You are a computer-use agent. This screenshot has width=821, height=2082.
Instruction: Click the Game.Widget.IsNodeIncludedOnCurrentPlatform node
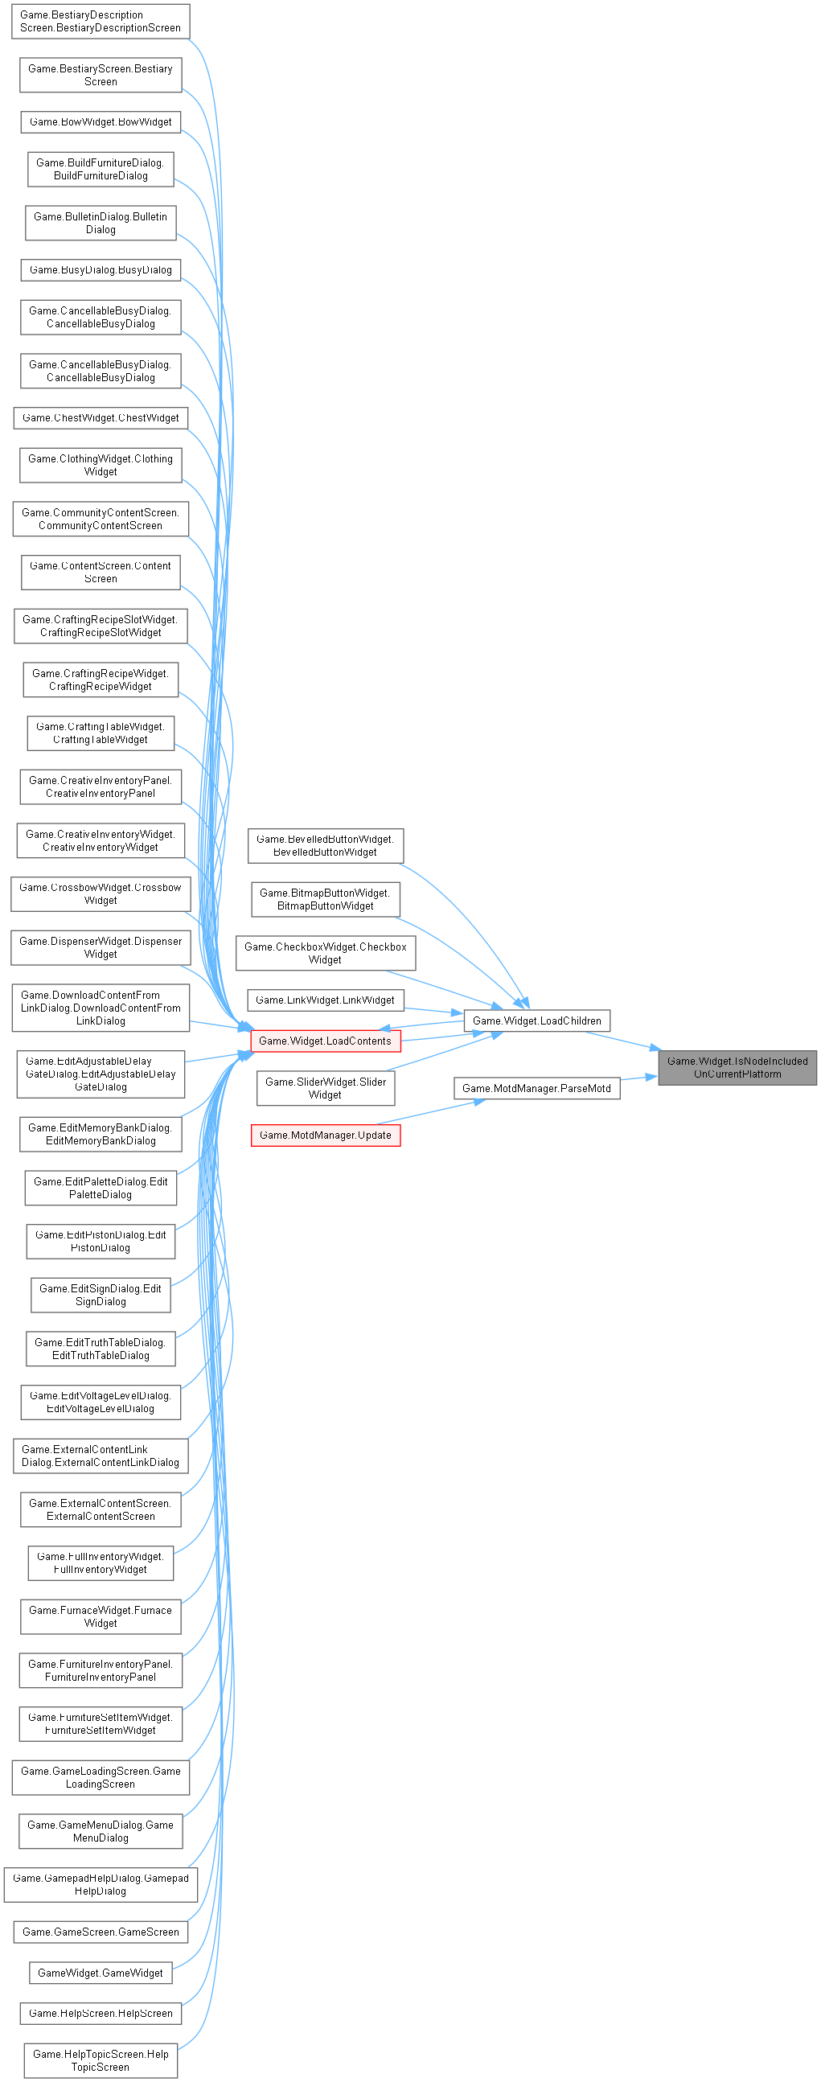[x=737, y=1067]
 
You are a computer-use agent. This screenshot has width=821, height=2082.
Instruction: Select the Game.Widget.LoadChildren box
[x=536, y=1020]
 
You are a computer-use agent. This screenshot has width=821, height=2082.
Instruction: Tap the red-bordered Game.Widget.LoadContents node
[x=325, y=1041]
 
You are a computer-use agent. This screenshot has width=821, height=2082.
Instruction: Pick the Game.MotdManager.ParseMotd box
[x=536, y=1088]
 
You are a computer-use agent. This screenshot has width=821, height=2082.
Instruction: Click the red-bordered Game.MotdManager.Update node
[x=325, y=1135]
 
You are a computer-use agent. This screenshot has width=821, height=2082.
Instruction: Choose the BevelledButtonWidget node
[x=325, y=845]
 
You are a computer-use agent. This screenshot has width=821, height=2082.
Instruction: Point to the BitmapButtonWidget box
[x=325, y=899]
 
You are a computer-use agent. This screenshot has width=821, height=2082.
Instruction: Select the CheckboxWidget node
[x=325, y=953]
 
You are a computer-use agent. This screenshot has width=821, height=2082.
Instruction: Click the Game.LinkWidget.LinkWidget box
[x=325, y=1000]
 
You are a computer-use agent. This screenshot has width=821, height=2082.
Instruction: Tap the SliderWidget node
[x=325, y=1088]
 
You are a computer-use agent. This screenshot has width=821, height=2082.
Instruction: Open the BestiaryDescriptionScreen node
[x=101, y=21]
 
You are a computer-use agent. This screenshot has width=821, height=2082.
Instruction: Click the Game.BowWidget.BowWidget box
[x=101, y=122]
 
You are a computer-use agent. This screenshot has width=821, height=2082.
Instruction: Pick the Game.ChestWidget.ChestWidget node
[x=101, y=418]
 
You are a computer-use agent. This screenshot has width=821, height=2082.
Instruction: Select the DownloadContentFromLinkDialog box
[x=101, y=1007]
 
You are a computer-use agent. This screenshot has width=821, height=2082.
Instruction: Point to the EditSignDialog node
[x=101, y=1295]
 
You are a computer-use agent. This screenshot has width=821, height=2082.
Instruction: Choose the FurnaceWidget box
[x=101, y=1616]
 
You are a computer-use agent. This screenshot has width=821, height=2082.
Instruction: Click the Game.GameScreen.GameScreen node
[x=101, y=1932]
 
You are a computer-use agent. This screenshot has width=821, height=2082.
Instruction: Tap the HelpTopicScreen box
[x=101, y=2060]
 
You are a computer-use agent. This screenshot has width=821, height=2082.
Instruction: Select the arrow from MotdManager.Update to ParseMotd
[x=429, y=1111]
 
